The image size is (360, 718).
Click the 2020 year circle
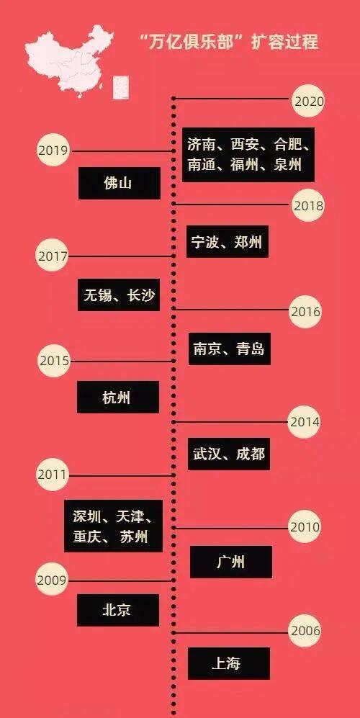tap(308, 101)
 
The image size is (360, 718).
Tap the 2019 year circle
tap(53, 150)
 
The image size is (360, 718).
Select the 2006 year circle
tap(305, 631)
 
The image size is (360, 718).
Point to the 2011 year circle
tap(53, 475)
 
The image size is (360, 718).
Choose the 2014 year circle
tap(305, 421)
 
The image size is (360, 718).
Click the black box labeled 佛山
tap(120, 183)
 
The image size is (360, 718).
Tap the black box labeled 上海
tap(229, 663)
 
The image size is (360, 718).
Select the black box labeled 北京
tap(118, 610)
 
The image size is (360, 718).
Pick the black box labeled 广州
tap(231, 562)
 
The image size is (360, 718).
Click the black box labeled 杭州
tap(118, 397)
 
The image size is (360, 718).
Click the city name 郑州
tap(248, 241)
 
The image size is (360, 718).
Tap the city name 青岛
tap(251, 349)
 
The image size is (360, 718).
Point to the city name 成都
tap(251, 454)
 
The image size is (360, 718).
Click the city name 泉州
tap(287, 164)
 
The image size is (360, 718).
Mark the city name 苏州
tap(134, 537)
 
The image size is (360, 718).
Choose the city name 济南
tap(202, 145)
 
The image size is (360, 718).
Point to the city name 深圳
tap(87, 517)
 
